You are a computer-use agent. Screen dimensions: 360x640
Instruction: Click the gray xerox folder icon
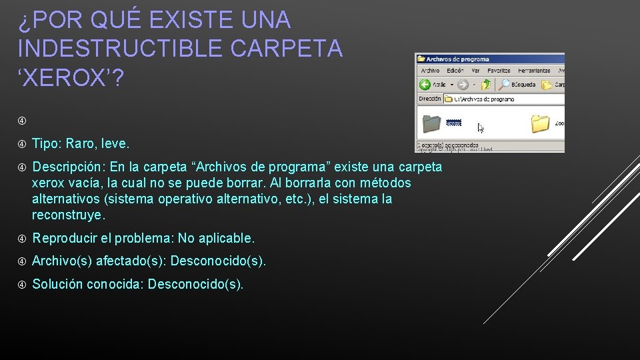pyautogui.click(x=432, y=123)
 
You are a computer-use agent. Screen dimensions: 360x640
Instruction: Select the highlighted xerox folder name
pyautogui.click(x=453, y=123)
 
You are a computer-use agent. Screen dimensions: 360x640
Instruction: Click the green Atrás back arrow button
pyautogui.click(x=425, y=85)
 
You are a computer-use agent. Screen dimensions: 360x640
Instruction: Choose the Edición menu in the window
pyautogui.click(x=455, y=70)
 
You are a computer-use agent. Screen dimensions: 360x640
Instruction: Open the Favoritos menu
pyautogui.click(x=499, y=70)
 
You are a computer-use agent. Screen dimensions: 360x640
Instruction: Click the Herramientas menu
pyautogui.click(x=534, y=70)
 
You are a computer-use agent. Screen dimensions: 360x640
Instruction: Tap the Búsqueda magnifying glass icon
pyautogui.click(x=505, y=85)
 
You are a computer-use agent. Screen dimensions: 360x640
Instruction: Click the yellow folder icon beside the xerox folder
pyautogui.click(x=540, y=123)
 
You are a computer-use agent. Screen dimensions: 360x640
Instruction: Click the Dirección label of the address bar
pyautogui.click(x=430, y=99)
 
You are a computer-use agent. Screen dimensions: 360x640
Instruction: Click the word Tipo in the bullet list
pyautogui.click(x=45, y=143)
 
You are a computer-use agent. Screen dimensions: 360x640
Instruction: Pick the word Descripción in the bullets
pyautogui.click(x=69, y=166)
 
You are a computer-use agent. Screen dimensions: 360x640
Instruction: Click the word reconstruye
pyautogui.click(x=67, y=215)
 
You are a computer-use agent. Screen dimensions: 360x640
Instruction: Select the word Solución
pyautogui.click(x=57, y=284)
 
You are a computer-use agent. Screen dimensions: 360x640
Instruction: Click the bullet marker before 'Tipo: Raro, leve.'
pyautogui.click(x=22, y=144)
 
